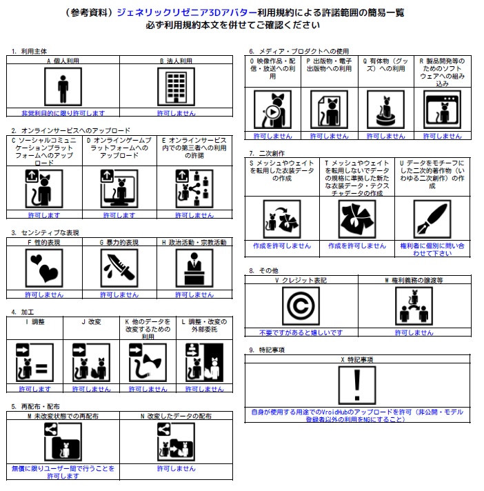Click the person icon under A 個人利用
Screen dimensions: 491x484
click(x=63, y=88)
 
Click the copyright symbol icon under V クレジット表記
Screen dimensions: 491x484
click(x=301, y=306)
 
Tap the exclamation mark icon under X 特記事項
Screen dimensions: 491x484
click(x=356, y=387)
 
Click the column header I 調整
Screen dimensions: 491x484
click(x=36, y=321)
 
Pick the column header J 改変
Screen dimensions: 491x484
click(x=92, y=321)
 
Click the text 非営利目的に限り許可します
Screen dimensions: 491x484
click(x=63, y=112)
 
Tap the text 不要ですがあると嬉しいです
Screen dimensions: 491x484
click(x=301, y=332)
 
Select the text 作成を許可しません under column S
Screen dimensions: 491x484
click(x=281, y=245)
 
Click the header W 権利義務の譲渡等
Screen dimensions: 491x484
click(x=414, y=281)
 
